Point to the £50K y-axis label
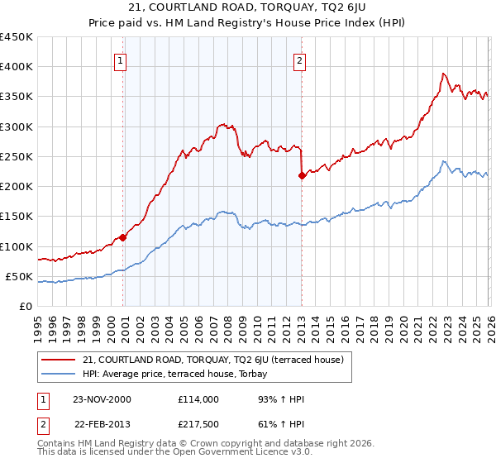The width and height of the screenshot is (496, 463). tap(18, 276)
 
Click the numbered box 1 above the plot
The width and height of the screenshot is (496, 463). tap(121, 60)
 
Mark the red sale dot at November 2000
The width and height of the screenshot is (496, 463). tap(123, 237)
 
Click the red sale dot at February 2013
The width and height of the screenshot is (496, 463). tap(302, 175)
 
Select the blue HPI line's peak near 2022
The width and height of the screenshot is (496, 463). tap(444, 161)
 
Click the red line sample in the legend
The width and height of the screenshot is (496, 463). tap(60, 360)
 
